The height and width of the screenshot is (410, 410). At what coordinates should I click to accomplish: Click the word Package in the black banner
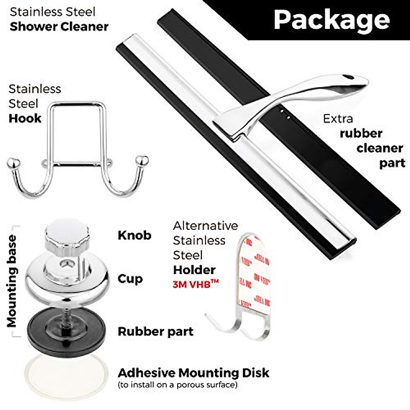click(331, 19)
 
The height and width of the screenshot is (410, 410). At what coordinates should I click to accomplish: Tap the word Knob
click(134, 235)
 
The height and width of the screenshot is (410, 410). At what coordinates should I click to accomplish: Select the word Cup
click(130, 279)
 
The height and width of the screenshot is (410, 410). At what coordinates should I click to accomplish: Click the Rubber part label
click(155, 331)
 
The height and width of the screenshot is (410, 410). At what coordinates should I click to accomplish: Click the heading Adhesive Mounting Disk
click(193, 372)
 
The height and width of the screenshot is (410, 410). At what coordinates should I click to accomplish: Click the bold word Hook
click(25, 119)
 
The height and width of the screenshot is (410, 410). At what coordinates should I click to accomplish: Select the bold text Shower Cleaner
click(59, 27)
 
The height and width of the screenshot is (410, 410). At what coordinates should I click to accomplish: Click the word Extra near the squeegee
click(338, 119)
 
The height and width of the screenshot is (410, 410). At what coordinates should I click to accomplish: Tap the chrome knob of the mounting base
click(67, 234)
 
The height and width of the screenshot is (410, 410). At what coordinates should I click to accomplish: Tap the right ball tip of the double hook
click(142, 160)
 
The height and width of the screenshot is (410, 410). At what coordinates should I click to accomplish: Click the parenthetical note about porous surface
click(177, 385)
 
